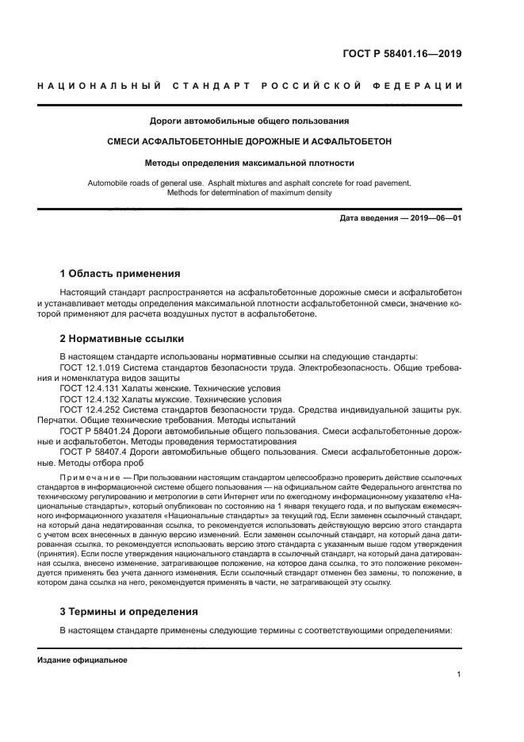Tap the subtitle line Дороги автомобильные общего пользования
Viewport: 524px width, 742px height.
[x=250, y=121]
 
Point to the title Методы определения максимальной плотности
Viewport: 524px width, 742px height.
[x=250, y=163]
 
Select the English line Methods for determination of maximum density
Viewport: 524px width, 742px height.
[x=250, y=193]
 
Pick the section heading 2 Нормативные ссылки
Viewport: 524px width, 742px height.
[x=116, y=338]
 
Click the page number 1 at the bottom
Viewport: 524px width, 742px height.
[x=459, y=675]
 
